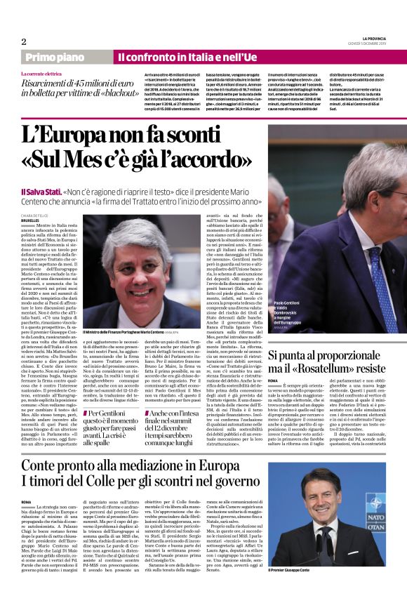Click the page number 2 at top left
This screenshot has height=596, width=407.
pos(23,41)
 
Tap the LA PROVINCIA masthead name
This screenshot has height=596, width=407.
pos(368,39)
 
